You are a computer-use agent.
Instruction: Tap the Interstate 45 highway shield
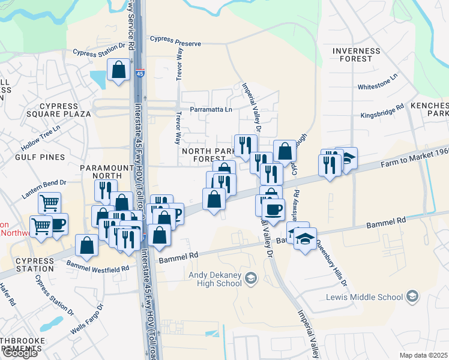tap(139, 73)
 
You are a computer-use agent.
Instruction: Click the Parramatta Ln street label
tap(211, 110)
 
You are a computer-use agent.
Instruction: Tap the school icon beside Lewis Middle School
tap(412, 296)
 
